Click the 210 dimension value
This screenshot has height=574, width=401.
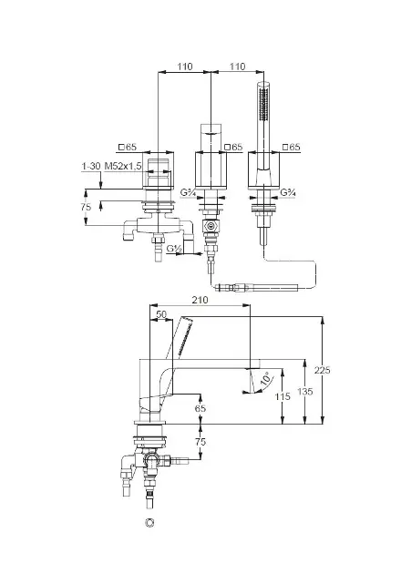click(x=200, y=300)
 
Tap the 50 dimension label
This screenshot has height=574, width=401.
click(x=161, y=314)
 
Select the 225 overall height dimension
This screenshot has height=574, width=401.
click(x=323, y=370)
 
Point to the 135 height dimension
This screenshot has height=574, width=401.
click(x=305, y=392)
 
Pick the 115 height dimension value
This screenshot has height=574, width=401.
click(x=283, y=396)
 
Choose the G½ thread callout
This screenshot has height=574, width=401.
click(x=174, y=249)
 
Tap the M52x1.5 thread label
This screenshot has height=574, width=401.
click(x=123, y=166)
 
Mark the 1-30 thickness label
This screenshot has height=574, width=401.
click(x=91, y=166)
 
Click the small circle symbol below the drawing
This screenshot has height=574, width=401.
click(x=149, y=523)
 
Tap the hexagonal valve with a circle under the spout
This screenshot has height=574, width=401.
click(x=211, y=227)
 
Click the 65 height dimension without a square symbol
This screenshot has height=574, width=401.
click(x=200, y=408)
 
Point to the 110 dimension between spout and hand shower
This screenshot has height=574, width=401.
click(x=237, y=67)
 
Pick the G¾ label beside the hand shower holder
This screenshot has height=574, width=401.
click(x=288, y=192)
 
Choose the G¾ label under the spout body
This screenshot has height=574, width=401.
click(x=188, y=192)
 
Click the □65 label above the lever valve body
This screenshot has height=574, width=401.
click(x=128, y=148)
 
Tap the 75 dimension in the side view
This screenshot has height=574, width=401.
click(x=200, y=442)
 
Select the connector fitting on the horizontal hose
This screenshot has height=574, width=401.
click(x=233, y=287)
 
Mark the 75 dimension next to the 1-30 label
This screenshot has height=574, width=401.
click(x=86, y=207)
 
